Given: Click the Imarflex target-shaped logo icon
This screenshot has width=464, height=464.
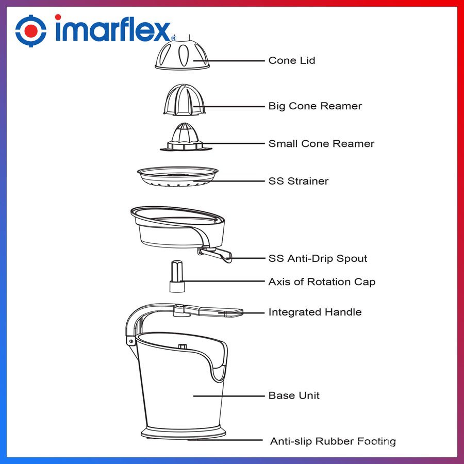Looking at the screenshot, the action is (31, 31).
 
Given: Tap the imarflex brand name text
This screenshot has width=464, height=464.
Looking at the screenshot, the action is (112, 28).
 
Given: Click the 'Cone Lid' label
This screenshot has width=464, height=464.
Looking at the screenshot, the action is (291, 60).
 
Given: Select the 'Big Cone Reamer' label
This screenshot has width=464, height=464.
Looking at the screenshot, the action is (315, 106).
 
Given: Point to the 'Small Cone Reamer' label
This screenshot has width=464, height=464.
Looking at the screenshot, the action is (321, 143).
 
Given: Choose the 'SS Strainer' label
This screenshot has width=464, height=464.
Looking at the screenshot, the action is (299, 181).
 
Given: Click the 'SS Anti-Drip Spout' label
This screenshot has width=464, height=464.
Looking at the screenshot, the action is (318, 258).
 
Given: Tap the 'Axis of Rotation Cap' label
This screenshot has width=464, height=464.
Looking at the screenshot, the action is (322, 281).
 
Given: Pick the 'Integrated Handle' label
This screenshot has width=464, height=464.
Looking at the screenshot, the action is (315, 312).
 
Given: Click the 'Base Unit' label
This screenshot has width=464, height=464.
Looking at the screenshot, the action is (294, 395).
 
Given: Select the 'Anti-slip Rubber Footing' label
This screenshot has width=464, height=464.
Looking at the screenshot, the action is (333, 441).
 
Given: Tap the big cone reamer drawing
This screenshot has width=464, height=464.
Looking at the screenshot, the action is (185, 100).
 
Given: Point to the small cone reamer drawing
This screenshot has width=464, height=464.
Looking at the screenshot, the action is (186, 137).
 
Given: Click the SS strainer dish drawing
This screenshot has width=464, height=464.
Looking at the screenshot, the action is (177, 176).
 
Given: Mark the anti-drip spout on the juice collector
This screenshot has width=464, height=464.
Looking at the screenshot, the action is (216, 255).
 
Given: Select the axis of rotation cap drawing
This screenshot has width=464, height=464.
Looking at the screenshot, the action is (177, 276).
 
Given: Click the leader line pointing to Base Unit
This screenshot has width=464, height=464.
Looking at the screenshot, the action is (229, 396).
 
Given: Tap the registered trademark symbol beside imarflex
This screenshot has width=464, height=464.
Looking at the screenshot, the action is (173, 38).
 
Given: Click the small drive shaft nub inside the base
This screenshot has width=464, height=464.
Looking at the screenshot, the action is (182, 346).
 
